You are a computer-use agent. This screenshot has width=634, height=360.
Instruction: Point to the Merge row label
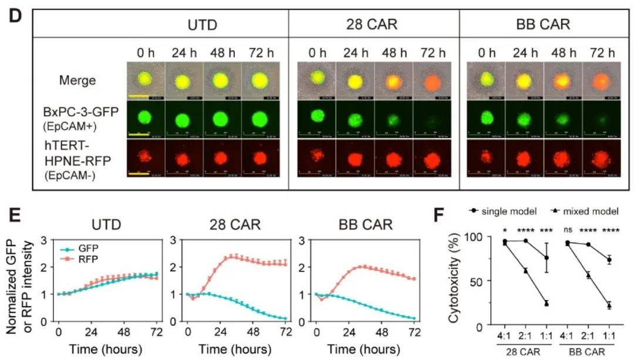point(77,80)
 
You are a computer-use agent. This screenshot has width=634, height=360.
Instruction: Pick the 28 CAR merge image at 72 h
point(432,80)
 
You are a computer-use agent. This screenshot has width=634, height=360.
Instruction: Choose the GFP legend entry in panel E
point(84,248)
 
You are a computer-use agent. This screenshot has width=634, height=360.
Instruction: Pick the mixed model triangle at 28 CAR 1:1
point(546,303)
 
